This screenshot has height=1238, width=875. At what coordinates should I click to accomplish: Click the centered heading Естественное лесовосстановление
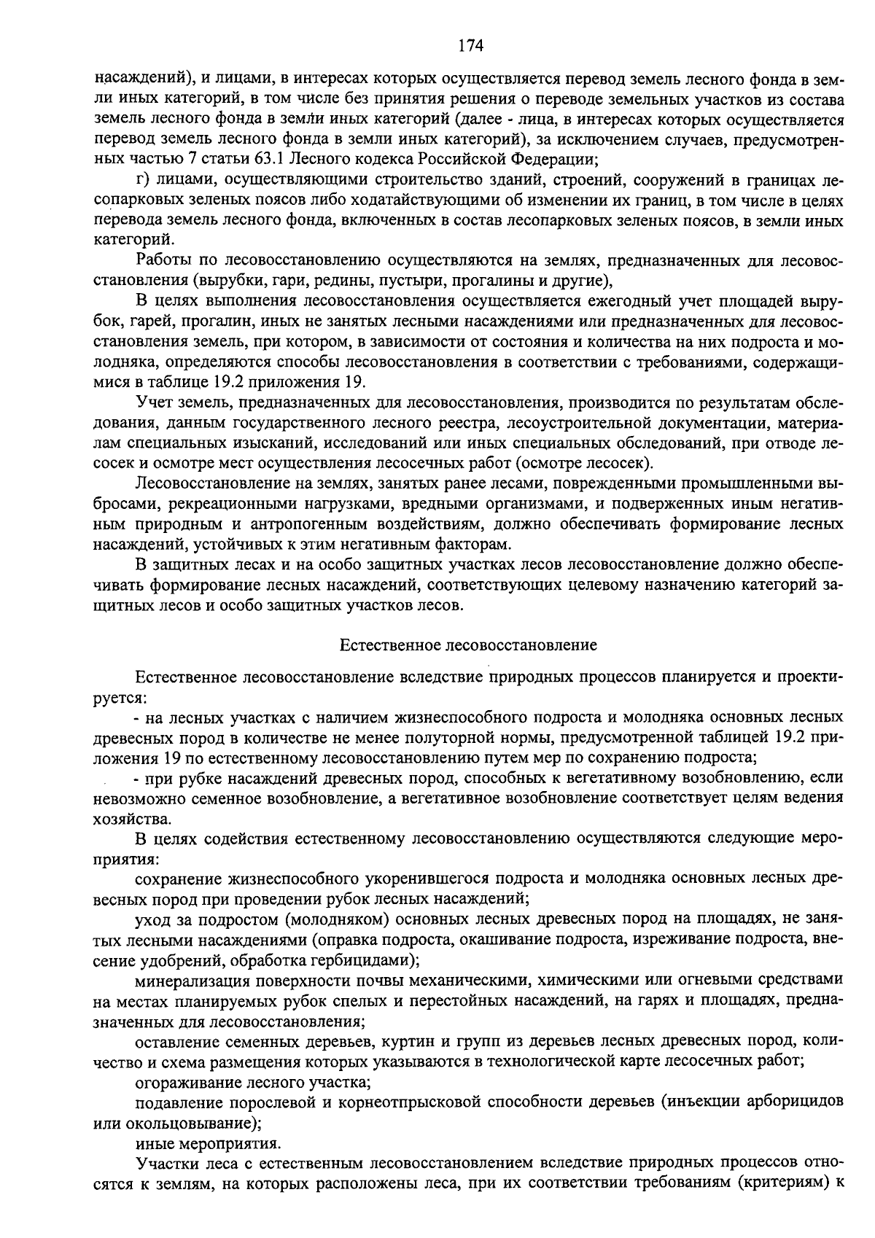point(469,645)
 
